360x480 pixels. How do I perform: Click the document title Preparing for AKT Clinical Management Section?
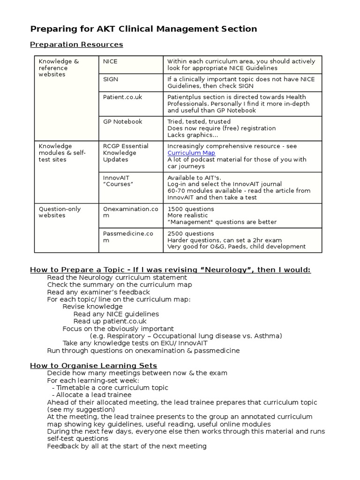click(143, 29)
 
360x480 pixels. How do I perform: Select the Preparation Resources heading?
click(76, 45)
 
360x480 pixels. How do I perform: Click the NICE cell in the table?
click(110, 61)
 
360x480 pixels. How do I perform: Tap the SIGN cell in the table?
click(111, 79)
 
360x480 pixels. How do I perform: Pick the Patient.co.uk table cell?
click(122, 97)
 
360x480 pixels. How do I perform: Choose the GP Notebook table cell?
click(122, 121)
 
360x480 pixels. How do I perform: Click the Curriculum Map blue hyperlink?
click(191, 153)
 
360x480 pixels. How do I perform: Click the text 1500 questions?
click(190, 209)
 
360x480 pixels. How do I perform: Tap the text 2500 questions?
click(190, 233)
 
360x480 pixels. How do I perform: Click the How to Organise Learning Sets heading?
click(93, 366)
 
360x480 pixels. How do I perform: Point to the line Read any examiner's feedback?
click(98, 292)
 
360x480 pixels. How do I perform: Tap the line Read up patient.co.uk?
click(110, 321)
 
